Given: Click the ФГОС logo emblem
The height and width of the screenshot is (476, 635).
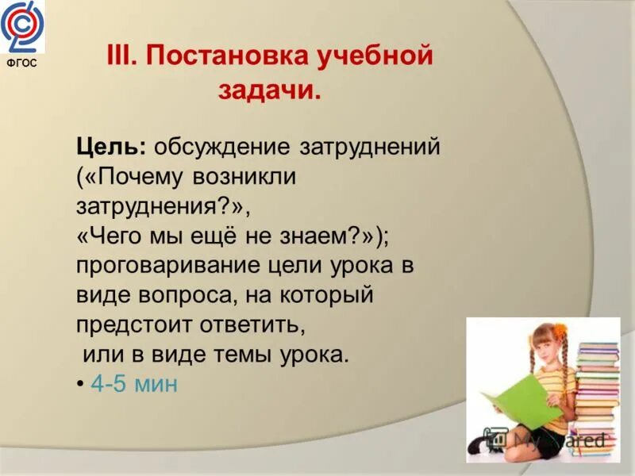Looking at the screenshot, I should tap(23, 26).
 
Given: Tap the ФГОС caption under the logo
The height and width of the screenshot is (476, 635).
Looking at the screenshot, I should tap(22, 64).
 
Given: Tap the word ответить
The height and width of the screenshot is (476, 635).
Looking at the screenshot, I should tap(256, 324).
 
